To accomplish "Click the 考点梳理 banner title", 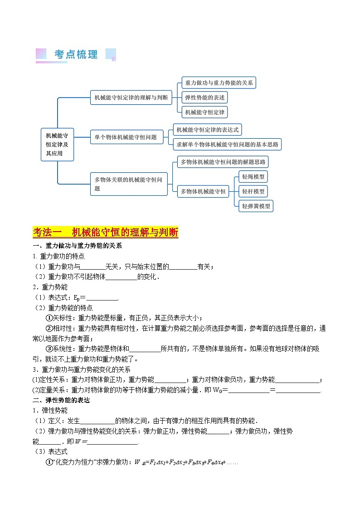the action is click(x=76, y=55).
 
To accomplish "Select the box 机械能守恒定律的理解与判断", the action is click(x=131, y=97).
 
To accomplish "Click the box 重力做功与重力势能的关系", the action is click(x=219, y=83).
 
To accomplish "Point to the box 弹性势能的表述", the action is click(x=204, y=97).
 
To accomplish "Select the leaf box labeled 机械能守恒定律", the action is click(x=205, y=111).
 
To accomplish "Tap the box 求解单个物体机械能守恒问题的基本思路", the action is click(x=227, y=145).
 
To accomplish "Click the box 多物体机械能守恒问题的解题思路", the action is click(x=223, y=162).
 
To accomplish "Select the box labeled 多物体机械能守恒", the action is click(x=203, y=191).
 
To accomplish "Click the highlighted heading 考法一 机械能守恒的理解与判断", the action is click(x=106, y=233).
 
